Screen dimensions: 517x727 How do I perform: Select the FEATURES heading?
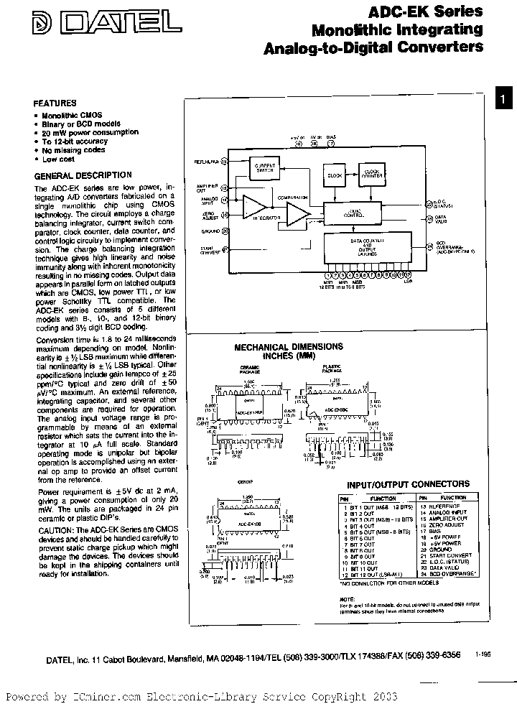point(55,103)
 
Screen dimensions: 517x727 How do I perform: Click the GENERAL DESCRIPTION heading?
point(83,175)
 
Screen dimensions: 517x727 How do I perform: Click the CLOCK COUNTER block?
point(371,173)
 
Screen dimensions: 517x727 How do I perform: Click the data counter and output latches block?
point(367,248)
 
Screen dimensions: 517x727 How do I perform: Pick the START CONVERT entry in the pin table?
point(454,556)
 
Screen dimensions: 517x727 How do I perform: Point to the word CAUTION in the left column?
point(55,529)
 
